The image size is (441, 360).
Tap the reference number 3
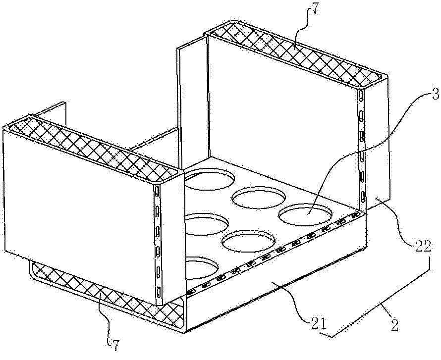pyautogui.click(x=436, y=95)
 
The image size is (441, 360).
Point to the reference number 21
pyautogui.click(x=317, y=324)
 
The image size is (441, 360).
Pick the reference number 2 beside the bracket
pyautogui.click(x=394, y=326)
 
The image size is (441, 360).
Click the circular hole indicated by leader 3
pyautogui.click(x=305, y=214)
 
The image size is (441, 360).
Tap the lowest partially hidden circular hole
pyautogui.click(x=201, y=268)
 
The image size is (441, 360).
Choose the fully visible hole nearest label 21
pyautogui.click(x=248, y=242)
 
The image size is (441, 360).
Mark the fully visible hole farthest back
pyautogui.click(x=258, y=198)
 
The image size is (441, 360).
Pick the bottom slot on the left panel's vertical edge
pyautogui.click(x=159, y=292)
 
